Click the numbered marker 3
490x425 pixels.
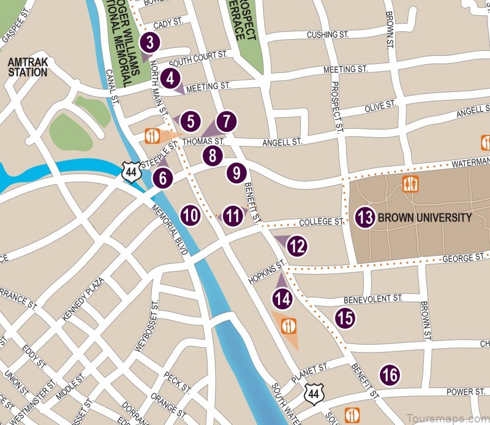tap(149, 43)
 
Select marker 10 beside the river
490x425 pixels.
tap(190, 215)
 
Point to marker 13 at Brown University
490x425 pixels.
tap(364, 217)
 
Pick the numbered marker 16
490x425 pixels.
tap(390, 374)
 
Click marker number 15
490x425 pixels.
tap(345, 318)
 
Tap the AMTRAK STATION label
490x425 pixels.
tap(27, 67)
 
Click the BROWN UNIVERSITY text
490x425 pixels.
tap(424, 218)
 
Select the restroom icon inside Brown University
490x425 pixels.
tap(410, 183)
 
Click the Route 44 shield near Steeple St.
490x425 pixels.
tap(130, 172)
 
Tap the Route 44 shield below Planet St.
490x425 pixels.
tap(314, 392)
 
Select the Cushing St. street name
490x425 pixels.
tap(330, 34)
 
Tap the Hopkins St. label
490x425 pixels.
tap(268, 272)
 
